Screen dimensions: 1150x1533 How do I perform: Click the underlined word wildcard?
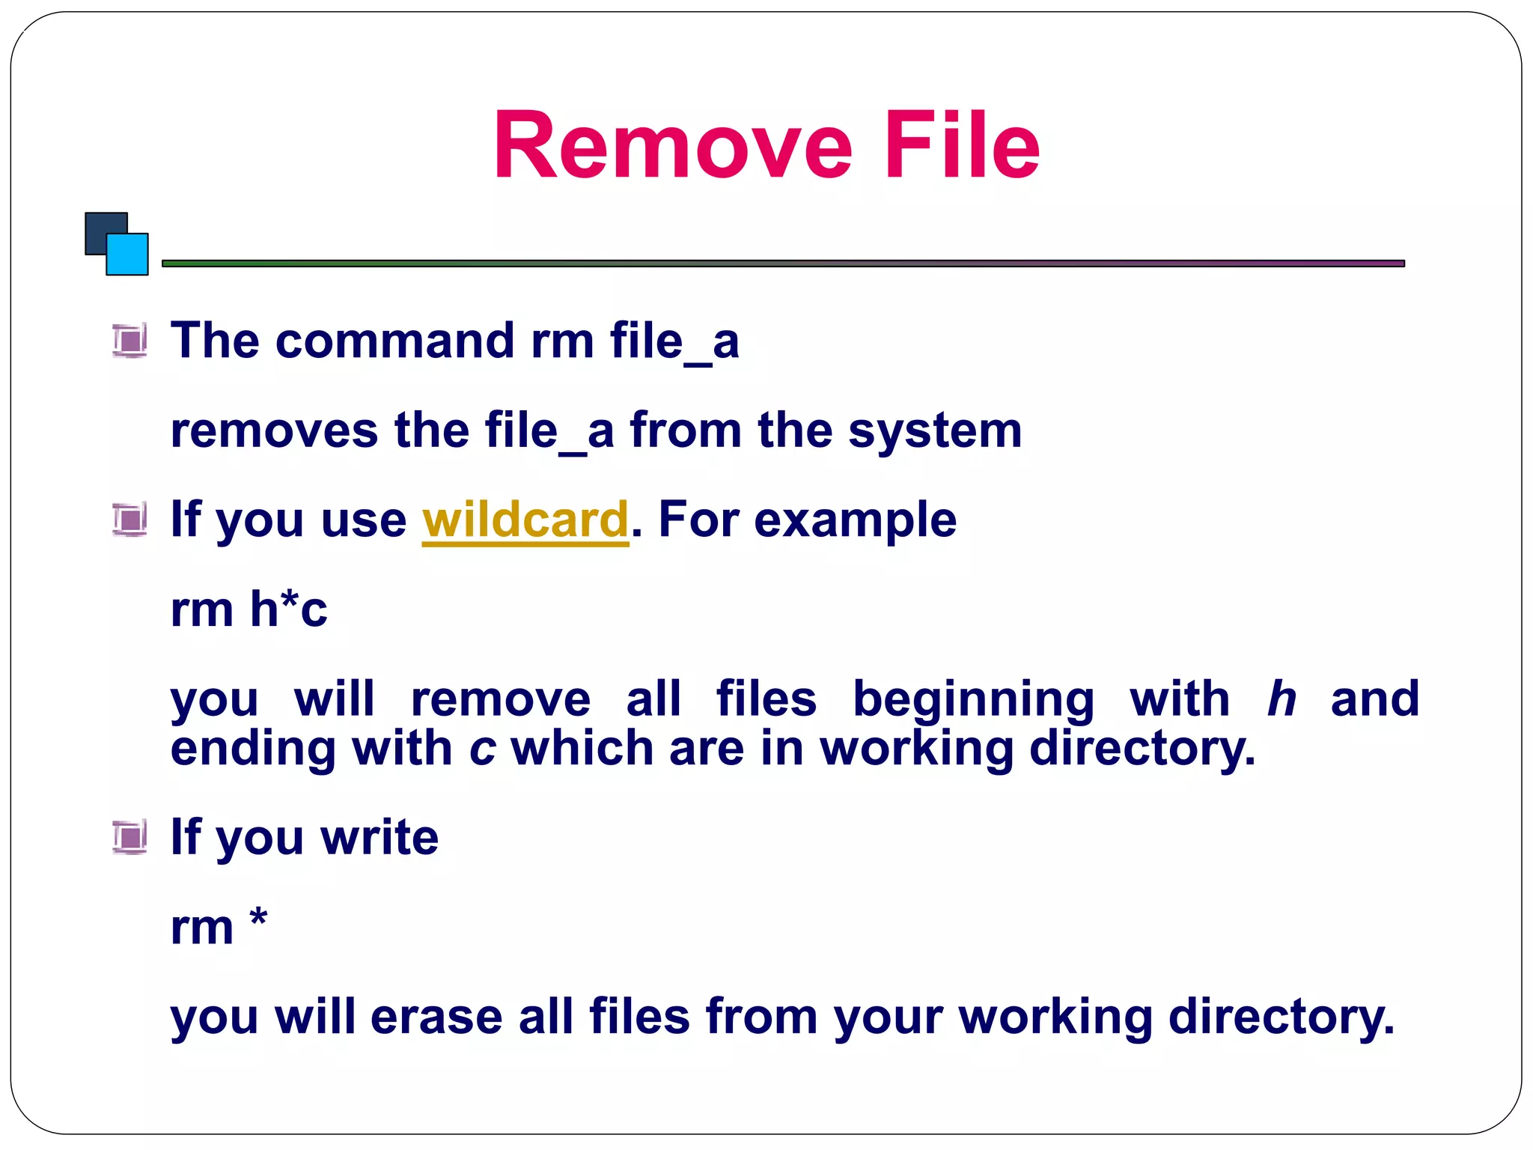click(x=525, y=520)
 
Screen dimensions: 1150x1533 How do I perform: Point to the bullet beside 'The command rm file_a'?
click(x=129, y=341)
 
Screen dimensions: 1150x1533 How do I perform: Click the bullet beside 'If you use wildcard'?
click(x=129, y=520)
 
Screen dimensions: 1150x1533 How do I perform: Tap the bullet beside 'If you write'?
click(x=129, y=836)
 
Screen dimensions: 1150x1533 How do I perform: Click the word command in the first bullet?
click(x=396, y=341)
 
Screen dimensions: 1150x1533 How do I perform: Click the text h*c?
click(x=288, y=609)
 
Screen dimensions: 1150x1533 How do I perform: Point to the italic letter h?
click(x=1281, y=699)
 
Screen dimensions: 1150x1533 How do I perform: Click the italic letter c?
click(x=482, y=749)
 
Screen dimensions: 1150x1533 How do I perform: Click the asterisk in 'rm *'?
click(x=258, y=917)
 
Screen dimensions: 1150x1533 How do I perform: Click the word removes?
click(x=274, y=431)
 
